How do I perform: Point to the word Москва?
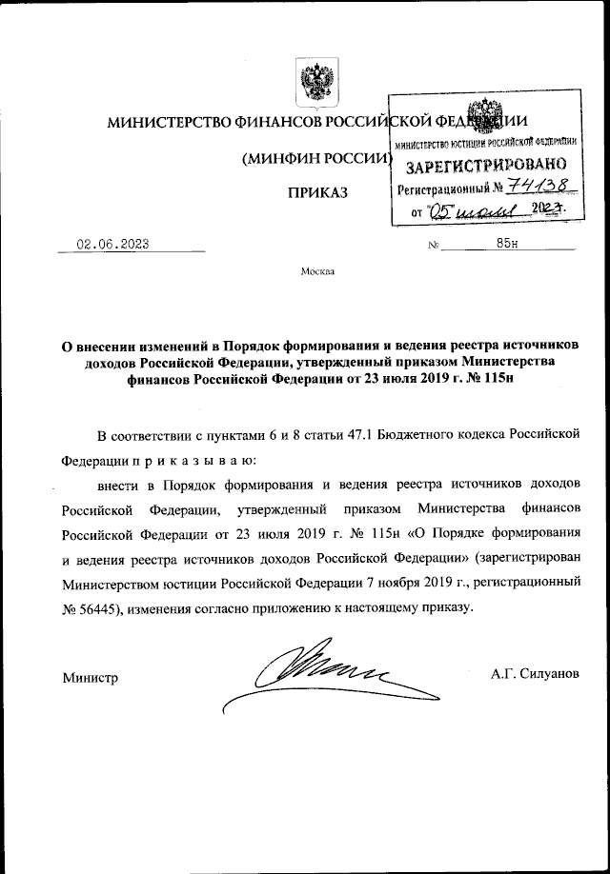[x=317, y=271]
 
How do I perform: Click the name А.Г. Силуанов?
[x=535, y=673]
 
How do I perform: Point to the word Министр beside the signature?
[x=91, y=678]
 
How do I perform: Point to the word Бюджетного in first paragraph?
[x=418, y=435]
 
